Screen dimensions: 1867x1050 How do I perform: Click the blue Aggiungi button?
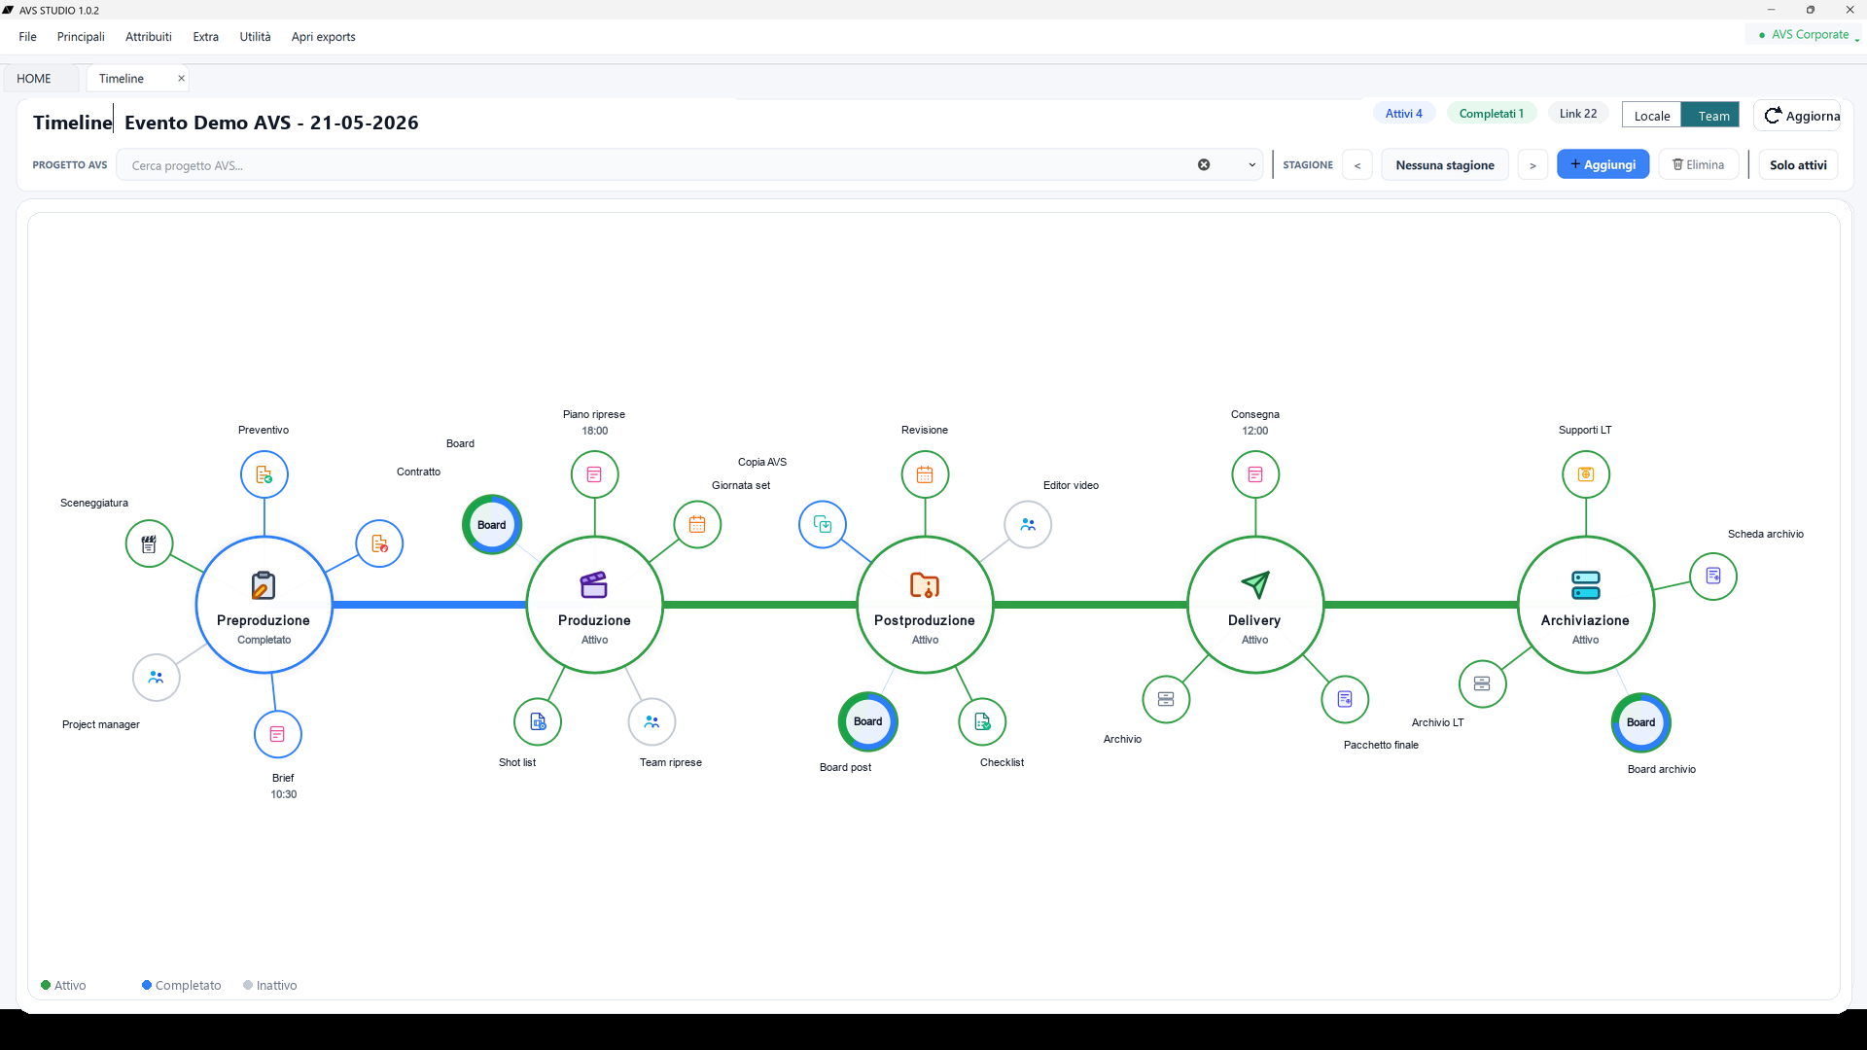point(1603,164)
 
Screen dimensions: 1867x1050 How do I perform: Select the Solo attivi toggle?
point(1798,164)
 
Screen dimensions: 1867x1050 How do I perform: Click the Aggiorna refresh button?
point(1802,116)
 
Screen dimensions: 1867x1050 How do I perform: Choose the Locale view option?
point(1652,116)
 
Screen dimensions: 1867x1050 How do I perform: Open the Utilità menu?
point(255,37)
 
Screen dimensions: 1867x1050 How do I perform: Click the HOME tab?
point(34,79)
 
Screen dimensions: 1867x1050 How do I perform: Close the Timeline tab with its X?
point(181,78)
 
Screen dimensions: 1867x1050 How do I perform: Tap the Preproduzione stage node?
point(264,605)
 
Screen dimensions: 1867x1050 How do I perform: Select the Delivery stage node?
point(1255,605)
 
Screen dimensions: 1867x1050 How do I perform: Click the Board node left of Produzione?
point(492,525)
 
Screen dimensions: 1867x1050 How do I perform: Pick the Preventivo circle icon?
point(264,474)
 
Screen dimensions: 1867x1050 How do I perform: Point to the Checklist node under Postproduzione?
point(982,721)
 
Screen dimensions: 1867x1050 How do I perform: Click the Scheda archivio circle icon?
point(1713,576)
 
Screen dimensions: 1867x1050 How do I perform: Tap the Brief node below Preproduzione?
point(278,734)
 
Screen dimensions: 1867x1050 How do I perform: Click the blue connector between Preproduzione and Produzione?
point(430,605)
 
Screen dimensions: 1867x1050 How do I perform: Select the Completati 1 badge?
point(1492,114)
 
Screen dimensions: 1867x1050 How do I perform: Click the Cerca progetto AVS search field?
point(661,165)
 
